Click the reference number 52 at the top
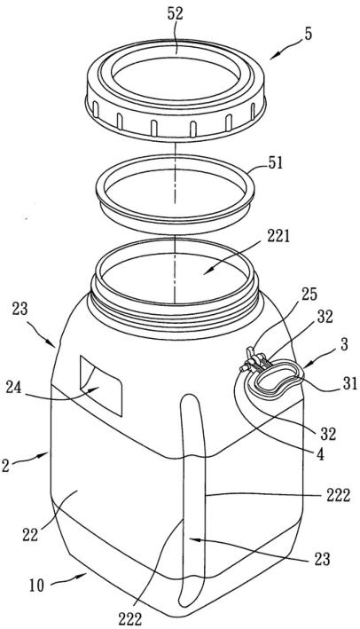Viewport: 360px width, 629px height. (x=175, y=14)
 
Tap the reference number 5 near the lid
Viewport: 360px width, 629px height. (x=308, y=34)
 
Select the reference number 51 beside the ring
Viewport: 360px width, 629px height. (x=274, y=163)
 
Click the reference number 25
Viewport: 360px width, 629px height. (x=309, y=295)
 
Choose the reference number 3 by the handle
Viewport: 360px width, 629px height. (x=345, y=344)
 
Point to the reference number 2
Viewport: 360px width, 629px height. (x=5, y=466)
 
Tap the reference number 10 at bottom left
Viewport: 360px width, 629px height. (x=37, y=586)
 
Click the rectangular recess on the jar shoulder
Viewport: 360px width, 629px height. (x=100, y=385)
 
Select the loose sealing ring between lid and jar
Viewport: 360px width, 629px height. (x=175, y=193)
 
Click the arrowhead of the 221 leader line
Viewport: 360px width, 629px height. (x=205, y=272)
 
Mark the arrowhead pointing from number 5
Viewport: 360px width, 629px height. (x=272, y=57)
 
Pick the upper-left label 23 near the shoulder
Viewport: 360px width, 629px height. (x=20, y=310)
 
